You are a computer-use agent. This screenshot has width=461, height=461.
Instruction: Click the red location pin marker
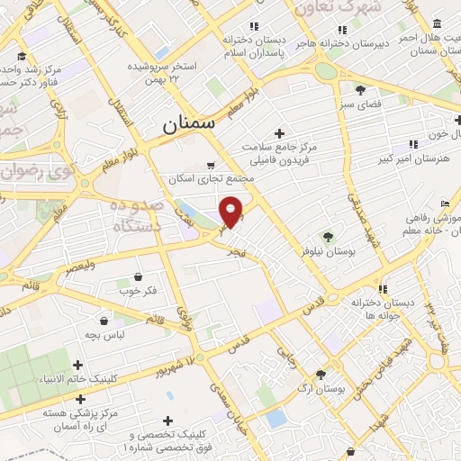tap(231, 211)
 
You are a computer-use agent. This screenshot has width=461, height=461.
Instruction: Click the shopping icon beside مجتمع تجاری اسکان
tap(211, 165)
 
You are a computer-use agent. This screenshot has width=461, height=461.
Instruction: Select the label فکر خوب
tap(138, 292)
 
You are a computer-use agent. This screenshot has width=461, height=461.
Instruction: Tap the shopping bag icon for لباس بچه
tap(104, 320)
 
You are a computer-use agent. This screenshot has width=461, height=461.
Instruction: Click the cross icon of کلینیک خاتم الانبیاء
tap(78, 366)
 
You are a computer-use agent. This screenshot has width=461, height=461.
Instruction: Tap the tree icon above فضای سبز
tap(360, 90)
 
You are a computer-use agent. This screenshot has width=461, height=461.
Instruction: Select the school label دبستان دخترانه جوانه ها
tap(382, 308)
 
